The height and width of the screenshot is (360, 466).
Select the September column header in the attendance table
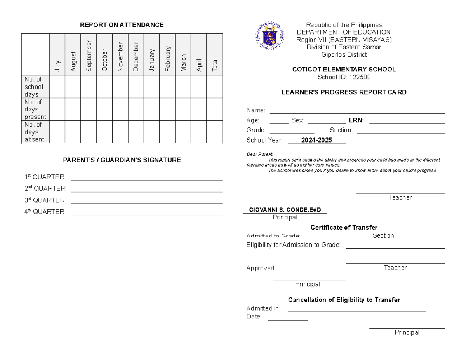point(89,56)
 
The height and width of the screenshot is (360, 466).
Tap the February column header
point(167,59)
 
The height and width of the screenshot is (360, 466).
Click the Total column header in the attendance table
point(214,65)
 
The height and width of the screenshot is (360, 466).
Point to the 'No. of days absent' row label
point(35,132)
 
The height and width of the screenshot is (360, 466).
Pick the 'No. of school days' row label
point(34,87)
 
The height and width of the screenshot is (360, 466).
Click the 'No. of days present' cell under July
point(57,110)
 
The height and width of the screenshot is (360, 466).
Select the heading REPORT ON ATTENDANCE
point(122,25)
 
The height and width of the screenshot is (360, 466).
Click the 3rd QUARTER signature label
point(45,200)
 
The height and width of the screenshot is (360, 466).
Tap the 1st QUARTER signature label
point(44,177)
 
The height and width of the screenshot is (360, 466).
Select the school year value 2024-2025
point(317,140)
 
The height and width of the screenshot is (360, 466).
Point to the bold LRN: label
point(356,120)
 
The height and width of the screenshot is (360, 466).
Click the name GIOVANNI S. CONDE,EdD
point(285,210)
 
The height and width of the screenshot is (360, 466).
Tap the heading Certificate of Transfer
point(344,227)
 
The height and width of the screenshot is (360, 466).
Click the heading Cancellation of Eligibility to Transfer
point(344,300)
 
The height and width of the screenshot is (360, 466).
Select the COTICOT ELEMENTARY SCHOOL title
point(344,70)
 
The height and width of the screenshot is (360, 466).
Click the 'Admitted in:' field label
point(263,308)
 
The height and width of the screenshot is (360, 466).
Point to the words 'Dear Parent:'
point(260,155)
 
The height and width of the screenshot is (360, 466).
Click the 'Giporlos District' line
point(344,55)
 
